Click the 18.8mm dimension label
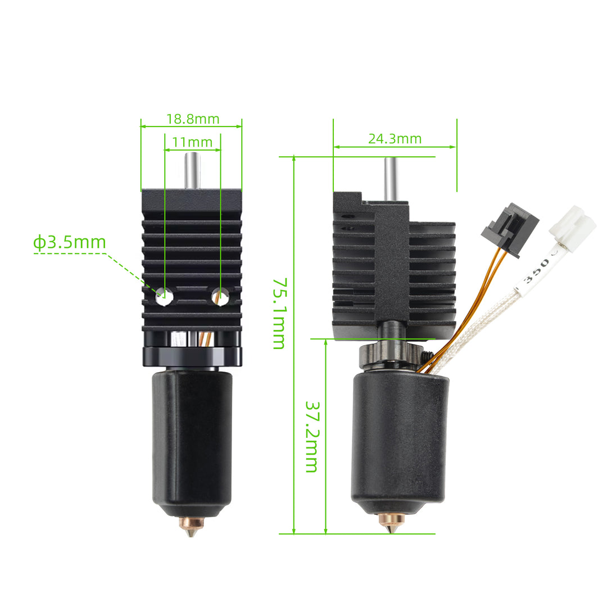click(193, 119)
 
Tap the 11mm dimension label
click(192, 142)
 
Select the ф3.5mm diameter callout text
click(69, 243)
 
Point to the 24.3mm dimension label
click(395, 139)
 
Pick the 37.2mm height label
click(311, 436)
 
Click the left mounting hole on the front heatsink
click(164, 296)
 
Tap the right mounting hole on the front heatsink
click(220, 296)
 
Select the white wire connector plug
click(572, 224)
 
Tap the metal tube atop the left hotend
click(192, 171)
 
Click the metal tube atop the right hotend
click(390, 178)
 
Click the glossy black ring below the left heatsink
click(192, 356)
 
